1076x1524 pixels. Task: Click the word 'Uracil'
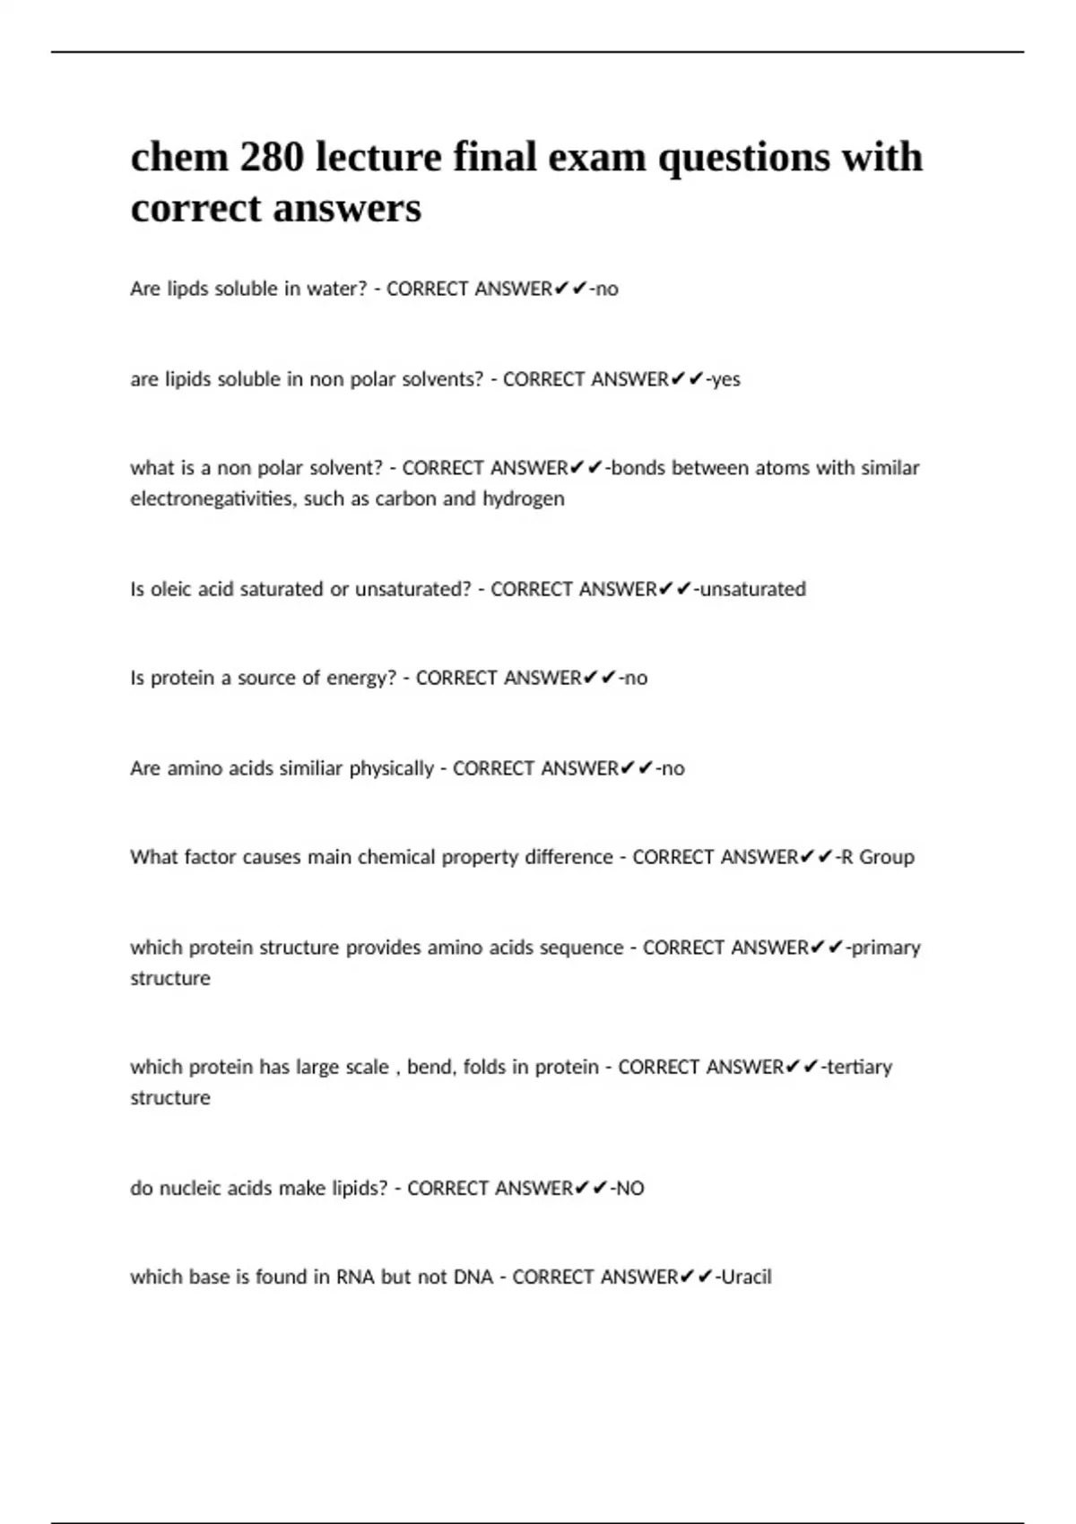click(x=747, y=1277)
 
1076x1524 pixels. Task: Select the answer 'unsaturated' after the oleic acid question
click(x=752, y=589)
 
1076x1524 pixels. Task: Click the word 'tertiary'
click(x=859, y=1067)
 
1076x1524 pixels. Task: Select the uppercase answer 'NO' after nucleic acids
click(x=629, y=1188)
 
